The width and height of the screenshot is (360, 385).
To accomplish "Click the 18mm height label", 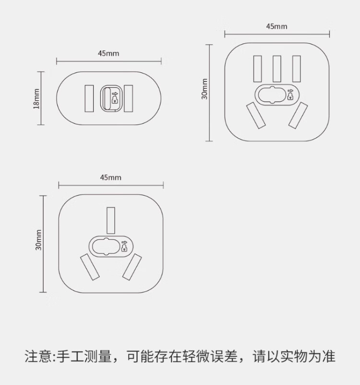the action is pyautogui.click(x=36, y=99).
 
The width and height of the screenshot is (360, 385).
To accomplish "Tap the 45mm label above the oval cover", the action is pyautogui.click(x=108, y=53).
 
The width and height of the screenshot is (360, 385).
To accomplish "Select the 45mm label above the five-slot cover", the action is pyautogui.click(x=276, y=26).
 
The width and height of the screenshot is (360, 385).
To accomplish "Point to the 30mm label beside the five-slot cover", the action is pyautogui.click(x=204, y=89).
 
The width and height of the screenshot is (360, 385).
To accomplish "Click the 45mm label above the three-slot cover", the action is pyautogui.click(x=111, y=177).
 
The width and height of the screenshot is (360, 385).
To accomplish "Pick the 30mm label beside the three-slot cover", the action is pyautogui.click(x=38, y=240).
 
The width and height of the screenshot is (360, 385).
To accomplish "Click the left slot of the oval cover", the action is pyautogui.click(x=89, y=98).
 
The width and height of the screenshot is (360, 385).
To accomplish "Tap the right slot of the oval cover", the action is pyautogui.click(x=128, y=98).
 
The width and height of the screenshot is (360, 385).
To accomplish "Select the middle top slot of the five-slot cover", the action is pyautogui.click(x=277, y=69).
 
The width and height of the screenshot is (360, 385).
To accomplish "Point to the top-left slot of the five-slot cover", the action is pyautogui.click(x=258, y=69).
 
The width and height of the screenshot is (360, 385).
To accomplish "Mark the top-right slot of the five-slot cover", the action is pyautogui.click(x=296, y=69).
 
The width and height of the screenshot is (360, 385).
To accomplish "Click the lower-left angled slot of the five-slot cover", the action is pyautogui.click(x=256, y=115).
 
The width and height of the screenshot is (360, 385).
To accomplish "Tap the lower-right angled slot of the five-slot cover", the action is pyautogui.click(x=298, y=116).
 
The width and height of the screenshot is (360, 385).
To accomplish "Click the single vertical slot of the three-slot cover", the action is pyautogui.click(x=111, y=221).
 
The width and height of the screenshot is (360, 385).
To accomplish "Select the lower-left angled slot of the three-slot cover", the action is pyautogui.click(x=90, y=267).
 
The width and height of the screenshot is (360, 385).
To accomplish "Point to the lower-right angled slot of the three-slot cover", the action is pyautogui.click(x=132, y=267).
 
